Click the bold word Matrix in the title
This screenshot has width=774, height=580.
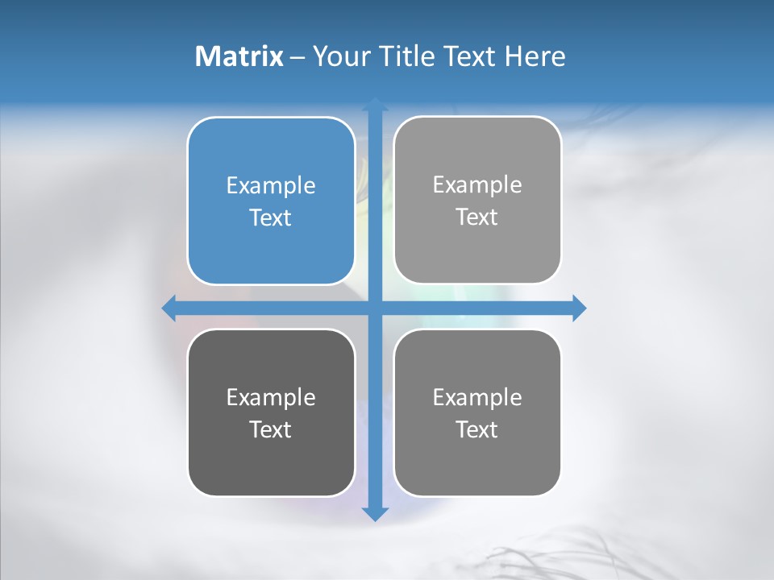[x=239, y=56]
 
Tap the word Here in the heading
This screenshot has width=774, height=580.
[x=535, y=56]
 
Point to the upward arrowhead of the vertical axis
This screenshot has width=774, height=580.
[x=375, y=105]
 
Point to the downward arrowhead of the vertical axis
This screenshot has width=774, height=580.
[x=375, y=513]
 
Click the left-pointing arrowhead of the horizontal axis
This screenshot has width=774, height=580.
[x=169, y=308]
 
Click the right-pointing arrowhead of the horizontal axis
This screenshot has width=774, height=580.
[x=579, y=308]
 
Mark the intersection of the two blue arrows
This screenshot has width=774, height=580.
[x=375, y=308]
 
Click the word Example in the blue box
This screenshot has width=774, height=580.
[x=271, y=186]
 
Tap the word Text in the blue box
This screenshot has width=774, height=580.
[x=271, y=218]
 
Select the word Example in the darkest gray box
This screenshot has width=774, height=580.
[x=271, y=397]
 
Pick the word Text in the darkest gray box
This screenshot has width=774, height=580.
[x=271, y=429]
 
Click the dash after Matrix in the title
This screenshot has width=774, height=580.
[x=298, y=57]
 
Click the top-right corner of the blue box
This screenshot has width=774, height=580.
[x=348, y=125]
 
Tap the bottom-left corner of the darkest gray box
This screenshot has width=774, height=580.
[x=194, y=489]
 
